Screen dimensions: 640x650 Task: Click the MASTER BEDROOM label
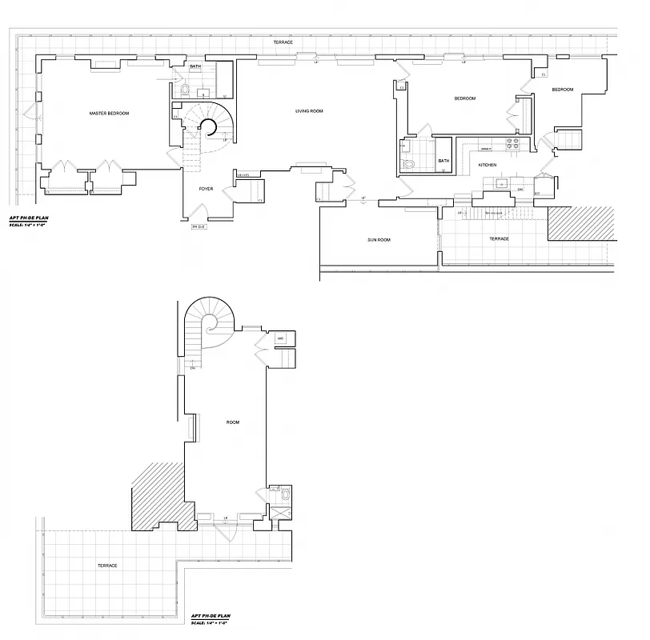109,114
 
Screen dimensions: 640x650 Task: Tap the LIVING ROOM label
309,110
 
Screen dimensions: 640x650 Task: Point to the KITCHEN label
487,165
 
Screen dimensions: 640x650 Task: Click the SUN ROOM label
379,239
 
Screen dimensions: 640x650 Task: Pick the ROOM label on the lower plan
233,422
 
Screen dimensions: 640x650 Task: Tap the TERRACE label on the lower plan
107,566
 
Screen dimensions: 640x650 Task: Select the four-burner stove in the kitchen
513,145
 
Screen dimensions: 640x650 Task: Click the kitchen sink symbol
502,184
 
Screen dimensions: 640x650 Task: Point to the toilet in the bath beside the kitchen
410,164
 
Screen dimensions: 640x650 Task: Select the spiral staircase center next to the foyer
209,128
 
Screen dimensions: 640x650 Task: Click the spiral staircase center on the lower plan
211,324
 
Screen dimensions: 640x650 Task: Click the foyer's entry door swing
197,213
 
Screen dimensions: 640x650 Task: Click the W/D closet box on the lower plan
281,338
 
